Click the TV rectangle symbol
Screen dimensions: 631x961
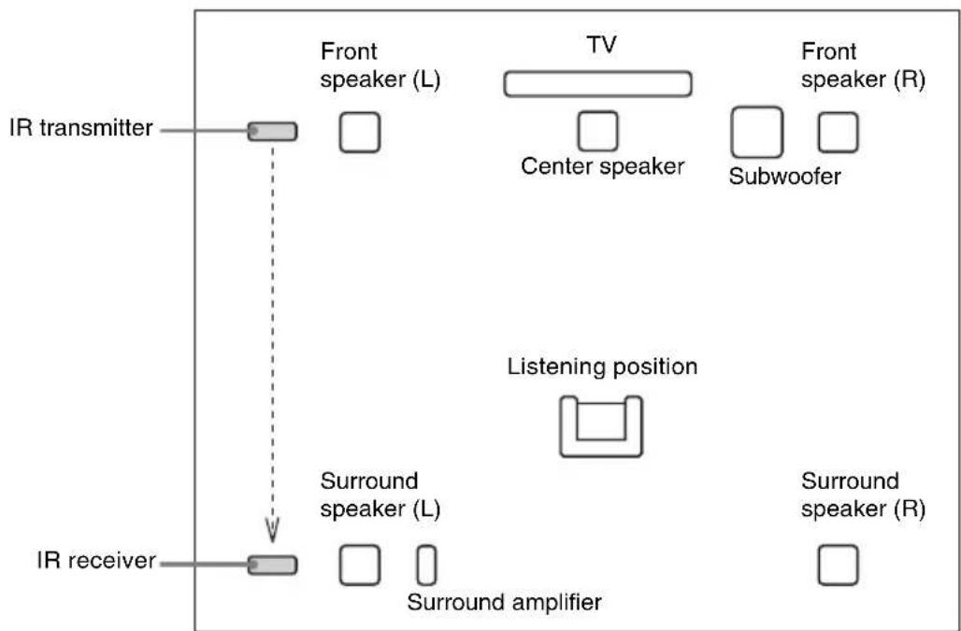597,84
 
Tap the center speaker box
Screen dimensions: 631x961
597,131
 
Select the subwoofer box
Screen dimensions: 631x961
756,131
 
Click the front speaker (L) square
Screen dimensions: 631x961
359,132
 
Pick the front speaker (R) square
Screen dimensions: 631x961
838,132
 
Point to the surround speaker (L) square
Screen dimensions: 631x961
359,565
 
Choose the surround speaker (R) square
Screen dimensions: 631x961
837,565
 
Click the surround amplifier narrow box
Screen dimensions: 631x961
426,565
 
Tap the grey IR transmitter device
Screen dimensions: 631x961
272,132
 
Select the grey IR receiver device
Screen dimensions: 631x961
272,564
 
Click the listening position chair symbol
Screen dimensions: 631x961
601,425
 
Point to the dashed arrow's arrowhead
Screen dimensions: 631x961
272,531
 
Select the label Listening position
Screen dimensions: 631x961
602,366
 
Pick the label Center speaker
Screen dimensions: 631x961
603,166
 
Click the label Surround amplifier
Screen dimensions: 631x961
504,601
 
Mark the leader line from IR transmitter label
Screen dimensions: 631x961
203,132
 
